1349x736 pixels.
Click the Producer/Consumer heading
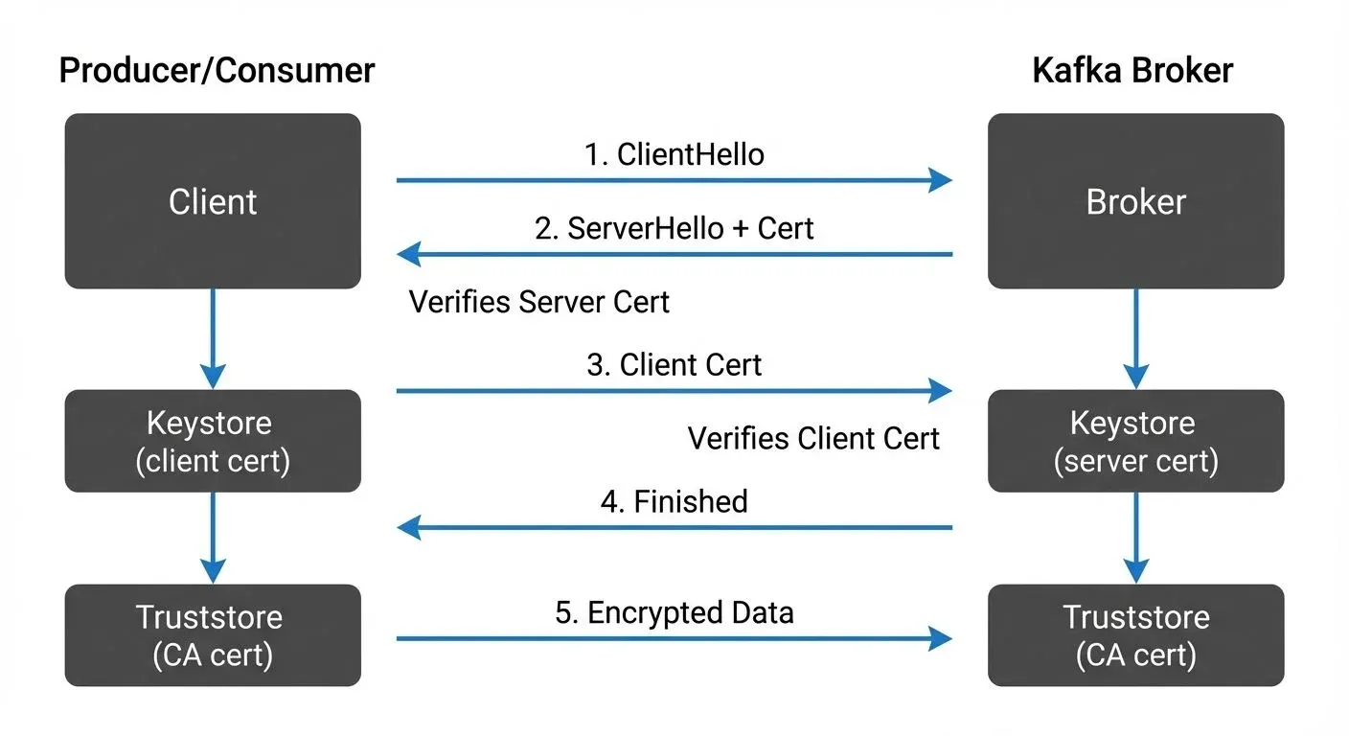click(x=217, y=71)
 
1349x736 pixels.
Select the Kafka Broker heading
click(x=1132, y=71)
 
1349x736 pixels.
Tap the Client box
click(x=213, y=201)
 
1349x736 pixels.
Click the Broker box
click(x=1135, y=201)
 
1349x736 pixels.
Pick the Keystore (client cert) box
click(x=213, y=441)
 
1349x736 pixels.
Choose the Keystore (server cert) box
click(x=1135, y=441)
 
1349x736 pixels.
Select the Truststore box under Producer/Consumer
click(x=213, y=635)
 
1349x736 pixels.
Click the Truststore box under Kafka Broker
click(x=1135, y=635)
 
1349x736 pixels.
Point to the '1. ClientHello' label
click(x=674, y=154)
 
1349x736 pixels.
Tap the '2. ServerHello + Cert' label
click(x=674, y=228)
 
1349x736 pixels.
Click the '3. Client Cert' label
click(x=674, y=365)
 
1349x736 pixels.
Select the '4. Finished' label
click(x=674, y=501)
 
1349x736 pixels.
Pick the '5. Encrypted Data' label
click(x=674, y=612)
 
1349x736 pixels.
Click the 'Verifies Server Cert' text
click(x=538, y=302)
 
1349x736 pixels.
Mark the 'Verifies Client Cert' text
click(x=813, y=439)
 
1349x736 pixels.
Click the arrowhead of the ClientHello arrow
click(x=940, y=179)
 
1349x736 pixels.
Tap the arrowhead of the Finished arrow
click(x=409, y=527)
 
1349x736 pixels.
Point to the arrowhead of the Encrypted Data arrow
click(x=940, y=638)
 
